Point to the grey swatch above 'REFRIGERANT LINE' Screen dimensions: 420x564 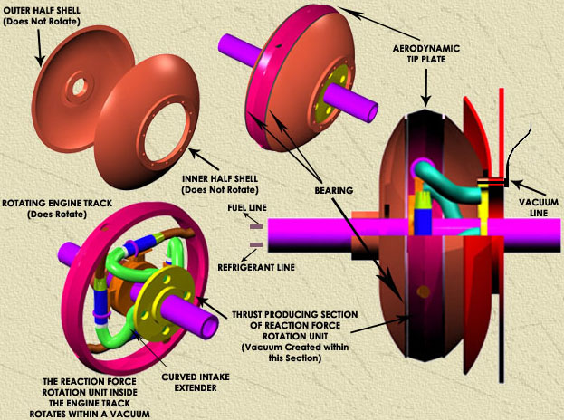coord(256,244)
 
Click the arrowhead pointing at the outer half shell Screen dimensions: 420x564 coord(39,62)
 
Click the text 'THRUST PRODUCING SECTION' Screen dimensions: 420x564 coord(308,312)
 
